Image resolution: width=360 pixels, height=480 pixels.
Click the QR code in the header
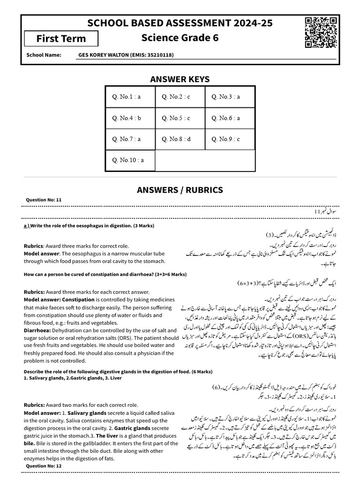click(321, 32)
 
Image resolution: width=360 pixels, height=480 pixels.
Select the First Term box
click(61, 38)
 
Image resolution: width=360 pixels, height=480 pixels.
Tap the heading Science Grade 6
click(180, 38)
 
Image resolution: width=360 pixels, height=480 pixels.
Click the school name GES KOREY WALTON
click(126, 55)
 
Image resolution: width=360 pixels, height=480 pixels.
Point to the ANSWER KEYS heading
click(180, 79)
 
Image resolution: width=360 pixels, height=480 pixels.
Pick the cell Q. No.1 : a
click(126, 97)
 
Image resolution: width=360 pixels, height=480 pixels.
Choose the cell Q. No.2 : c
click(176, 97)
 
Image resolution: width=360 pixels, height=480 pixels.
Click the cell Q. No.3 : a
click(226, 97)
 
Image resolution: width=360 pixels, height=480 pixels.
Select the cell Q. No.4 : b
click(126, 118)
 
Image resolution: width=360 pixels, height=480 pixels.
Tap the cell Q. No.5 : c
click(176, 118)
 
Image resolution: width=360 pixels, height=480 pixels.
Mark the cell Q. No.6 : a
click(226, 118)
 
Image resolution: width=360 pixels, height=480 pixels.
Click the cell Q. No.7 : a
click(126, 139)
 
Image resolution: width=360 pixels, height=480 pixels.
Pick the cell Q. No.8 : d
click(176, 139)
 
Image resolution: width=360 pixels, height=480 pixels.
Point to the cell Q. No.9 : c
click(226, 139)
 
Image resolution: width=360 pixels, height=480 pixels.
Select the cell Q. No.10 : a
click(127, 160)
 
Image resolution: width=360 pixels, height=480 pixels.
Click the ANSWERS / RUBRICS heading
click(180, 190)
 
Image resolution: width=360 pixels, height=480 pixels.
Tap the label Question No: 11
click(44, 200)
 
